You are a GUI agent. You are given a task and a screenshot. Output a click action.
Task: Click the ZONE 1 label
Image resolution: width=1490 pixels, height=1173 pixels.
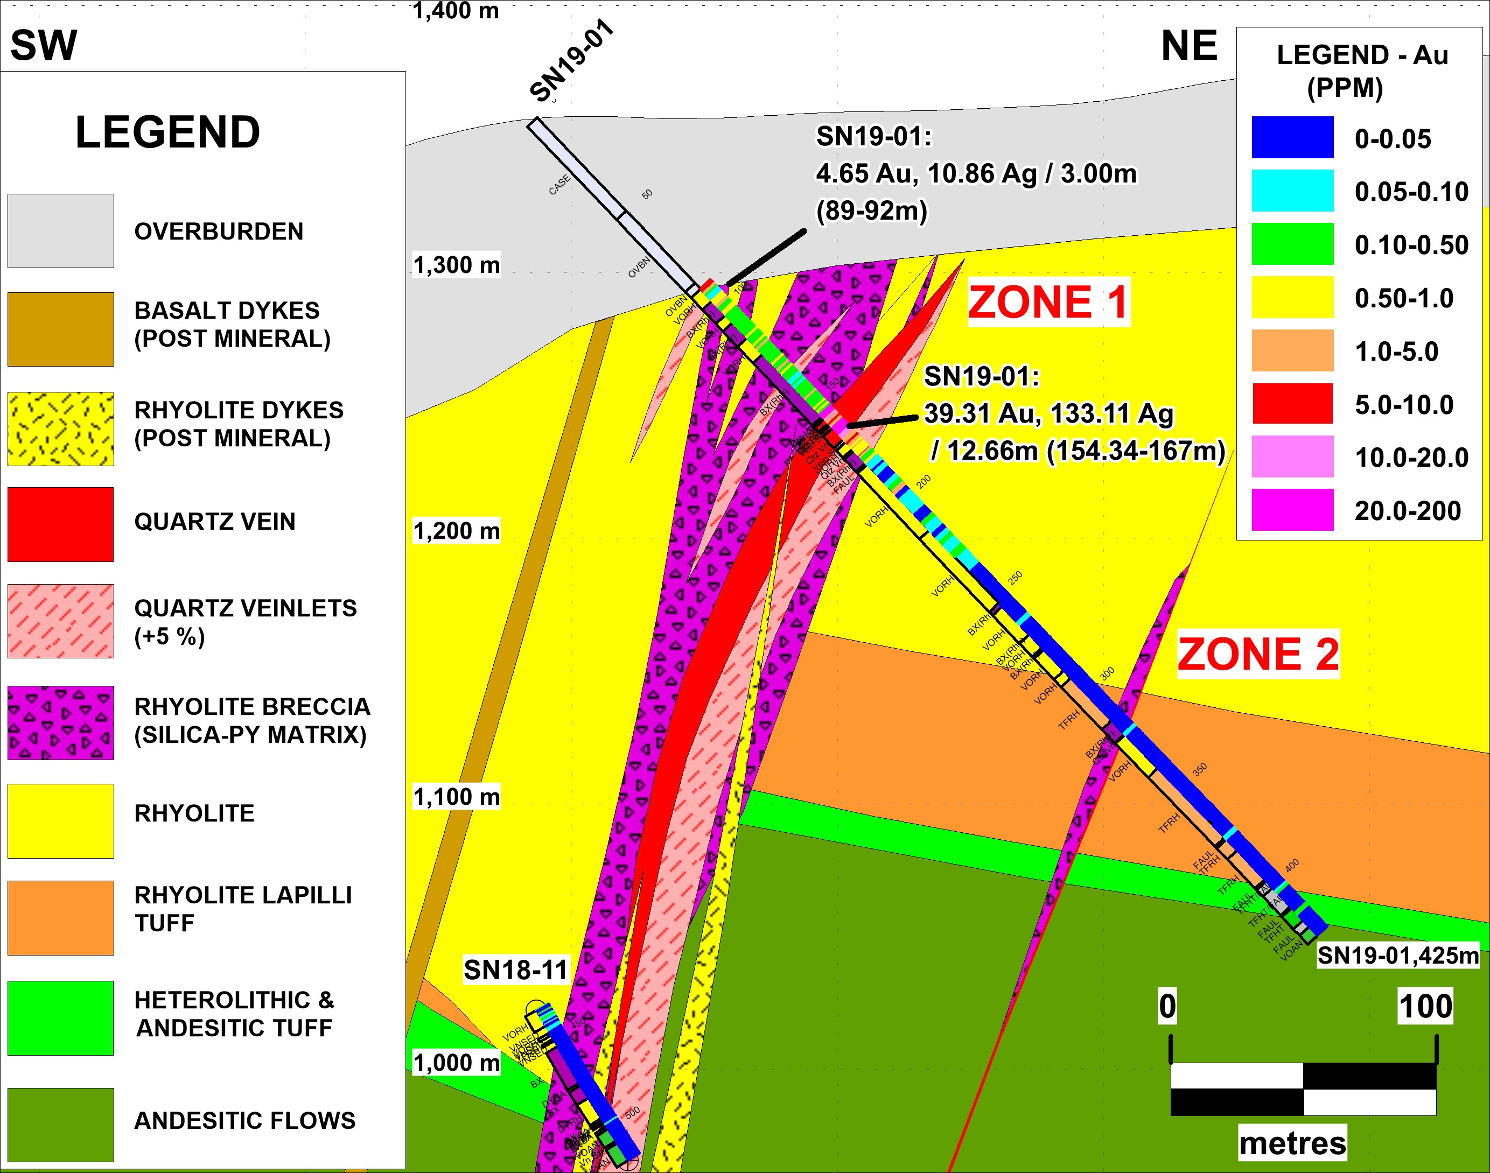[x=1048, y=303]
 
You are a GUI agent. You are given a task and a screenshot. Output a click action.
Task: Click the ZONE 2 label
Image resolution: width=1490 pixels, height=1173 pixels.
[x=1258, y=654]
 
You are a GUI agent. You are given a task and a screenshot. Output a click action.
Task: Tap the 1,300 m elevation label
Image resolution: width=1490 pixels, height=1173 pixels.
[x=456, y=265]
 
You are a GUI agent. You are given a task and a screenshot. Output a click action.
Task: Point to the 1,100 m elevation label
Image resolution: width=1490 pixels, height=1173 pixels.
[x=456, y=797]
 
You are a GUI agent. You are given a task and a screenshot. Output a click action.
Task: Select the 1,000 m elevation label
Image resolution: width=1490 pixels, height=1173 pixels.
[x=456, y=1063]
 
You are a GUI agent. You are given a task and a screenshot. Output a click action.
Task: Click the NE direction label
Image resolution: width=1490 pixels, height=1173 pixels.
[x=1189, y=46]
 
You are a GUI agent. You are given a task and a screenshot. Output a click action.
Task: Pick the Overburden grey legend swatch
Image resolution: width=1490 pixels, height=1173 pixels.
[x=60, y=231]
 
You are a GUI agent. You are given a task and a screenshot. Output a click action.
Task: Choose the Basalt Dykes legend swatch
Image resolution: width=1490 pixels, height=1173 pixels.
[x=60, y=329]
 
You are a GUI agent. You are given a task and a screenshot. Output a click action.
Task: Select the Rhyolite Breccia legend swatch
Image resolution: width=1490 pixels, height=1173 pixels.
[x=60, y=722]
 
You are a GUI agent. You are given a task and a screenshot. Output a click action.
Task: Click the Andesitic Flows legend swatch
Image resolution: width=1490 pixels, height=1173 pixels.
[x=60, y=1124]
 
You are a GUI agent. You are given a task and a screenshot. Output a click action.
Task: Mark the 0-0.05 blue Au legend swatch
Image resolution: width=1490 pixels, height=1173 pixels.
[x=1292, y=137]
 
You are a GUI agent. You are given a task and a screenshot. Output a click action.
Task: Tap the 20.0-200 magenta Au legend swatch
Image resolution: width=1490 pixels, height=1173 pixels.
[x=1292, y=510]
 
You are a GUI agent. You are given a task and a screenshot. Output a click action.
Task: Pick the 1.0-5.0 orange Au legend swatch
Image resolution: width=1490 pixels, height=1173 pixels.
[x=1292, y=350]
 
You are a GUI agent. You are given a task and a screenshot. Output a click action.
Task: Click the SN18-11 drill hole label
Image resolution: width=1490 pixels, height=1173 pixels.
[x=516, y=970]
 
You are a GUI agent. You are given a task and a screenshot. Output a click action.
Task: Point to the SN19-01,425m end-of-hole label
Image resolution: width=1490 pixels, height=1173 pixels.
[x=1397, y=956]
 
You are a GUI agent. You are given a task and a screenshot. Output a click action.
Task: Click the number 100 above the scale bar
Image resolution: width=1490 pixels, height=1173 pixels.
[x=1425, y=1006]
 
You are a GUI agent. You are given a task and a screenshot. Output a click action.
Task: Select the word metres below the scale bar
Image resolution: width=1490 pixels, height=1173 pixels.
[x=1292, y=1143]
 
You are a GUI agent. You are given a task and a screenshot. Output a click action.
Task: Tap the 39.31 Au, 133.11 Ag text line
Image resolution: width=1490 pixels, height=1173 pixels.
[x=1048, y=413]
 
